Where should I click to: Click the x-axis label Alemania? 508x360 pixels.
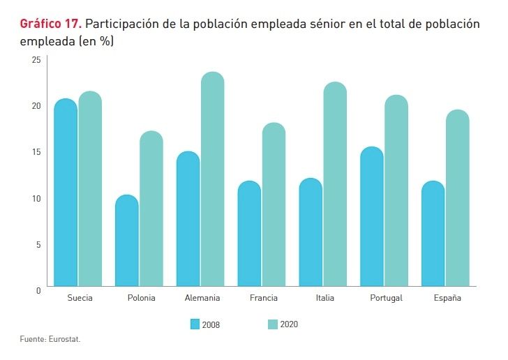pyautogui.click(x=202, y=298)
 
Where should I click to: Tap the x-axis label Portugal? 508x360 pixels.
pyautogui.click(x=386, y=298)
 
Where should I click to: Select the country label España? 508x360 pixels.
pyautogui.click(x=447, y=298)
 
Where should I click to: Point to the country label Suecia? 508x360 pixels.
pyautogui.click(x=80, y=298)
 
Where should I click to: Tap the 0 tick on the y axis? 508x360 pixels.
pyautogui.click(x=39, y=290)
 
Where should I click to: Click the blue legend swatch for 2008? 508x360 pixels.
pyautogui.click(x=195, y=324)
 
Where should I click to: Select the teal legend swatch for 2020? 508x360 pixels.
pyautogui.click(x=273, y=324)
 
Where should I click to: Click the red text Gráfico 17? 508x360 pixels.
pyautogui.click(x=51, y=24)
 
